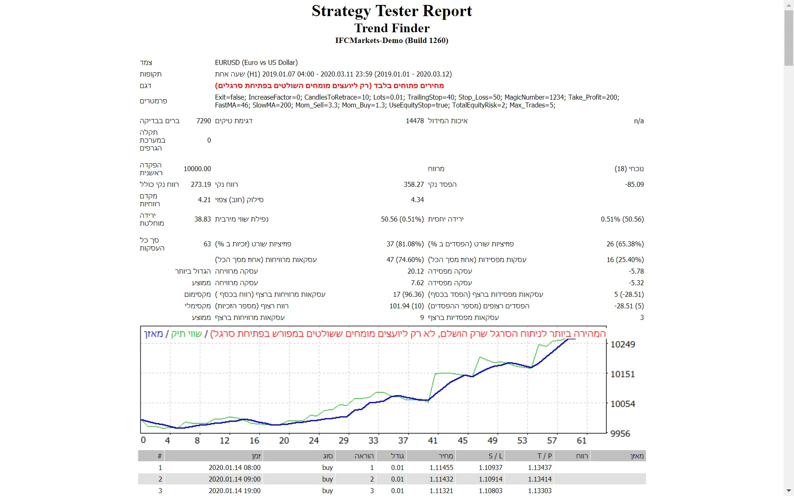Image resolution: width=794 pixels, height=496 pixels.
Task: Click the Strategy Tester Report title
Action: [x=392, y=11]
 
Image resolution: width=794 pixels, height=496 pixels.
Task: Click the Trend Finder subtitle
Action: [x=392, y=28]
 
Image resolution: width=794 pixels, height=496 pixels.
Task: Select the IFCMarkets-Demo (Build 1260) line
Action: [x=392, y=41]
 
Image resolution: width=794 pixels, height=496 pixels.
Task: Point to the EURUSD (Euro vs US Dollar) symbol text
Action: [x=256, y=62]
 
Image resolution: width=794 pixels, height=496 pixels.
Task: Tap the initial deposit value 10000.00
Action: [x=197, y=169]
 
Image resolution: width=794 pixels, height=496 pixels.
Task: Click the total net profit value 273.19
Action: [x=201, y=184]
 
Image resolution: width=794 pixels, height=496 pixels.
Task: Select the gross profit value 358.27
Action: [x=414, y=184]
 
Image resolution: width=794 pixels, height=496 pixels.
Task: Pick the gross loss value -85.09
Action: [x=634, y=184]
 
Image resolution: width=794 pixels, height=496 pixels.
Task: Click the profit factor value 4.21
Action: [x=204, y=200]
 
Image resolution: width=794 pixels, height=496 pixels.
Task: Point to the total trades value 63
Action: [x=207, y=244]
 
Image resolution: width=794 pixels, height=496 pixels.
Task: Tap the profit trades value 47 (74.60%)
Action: [x=405, y=260]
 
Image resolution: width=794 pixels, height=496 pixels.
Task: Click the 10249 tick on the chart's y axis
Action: [x=622, y=344]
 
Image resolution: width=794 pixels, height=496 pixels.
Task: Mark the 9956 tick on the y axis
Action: [x=620, y=434]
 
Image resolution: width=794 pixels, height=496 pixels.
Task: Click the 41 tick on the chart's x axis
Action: [x=433, y=441]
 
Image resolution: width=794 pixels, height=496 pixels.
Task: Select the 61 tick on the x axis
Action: [x=581, y=441]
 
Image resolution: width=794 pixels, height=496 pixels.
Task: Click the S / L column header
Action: [x=495, y=456]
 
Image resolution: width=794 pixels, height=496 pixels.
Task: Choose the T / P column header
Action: [x=544, y=456]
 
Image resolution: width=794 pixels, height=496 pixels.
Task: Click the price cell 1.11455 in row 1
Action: [x=441, y=467]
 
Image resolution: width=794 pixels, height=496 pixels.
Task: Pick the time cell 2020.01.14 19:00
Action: [x=234, y=491]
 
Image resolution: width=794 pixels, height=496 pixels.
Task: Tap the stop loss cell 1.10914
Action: [x=490, y=479]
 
